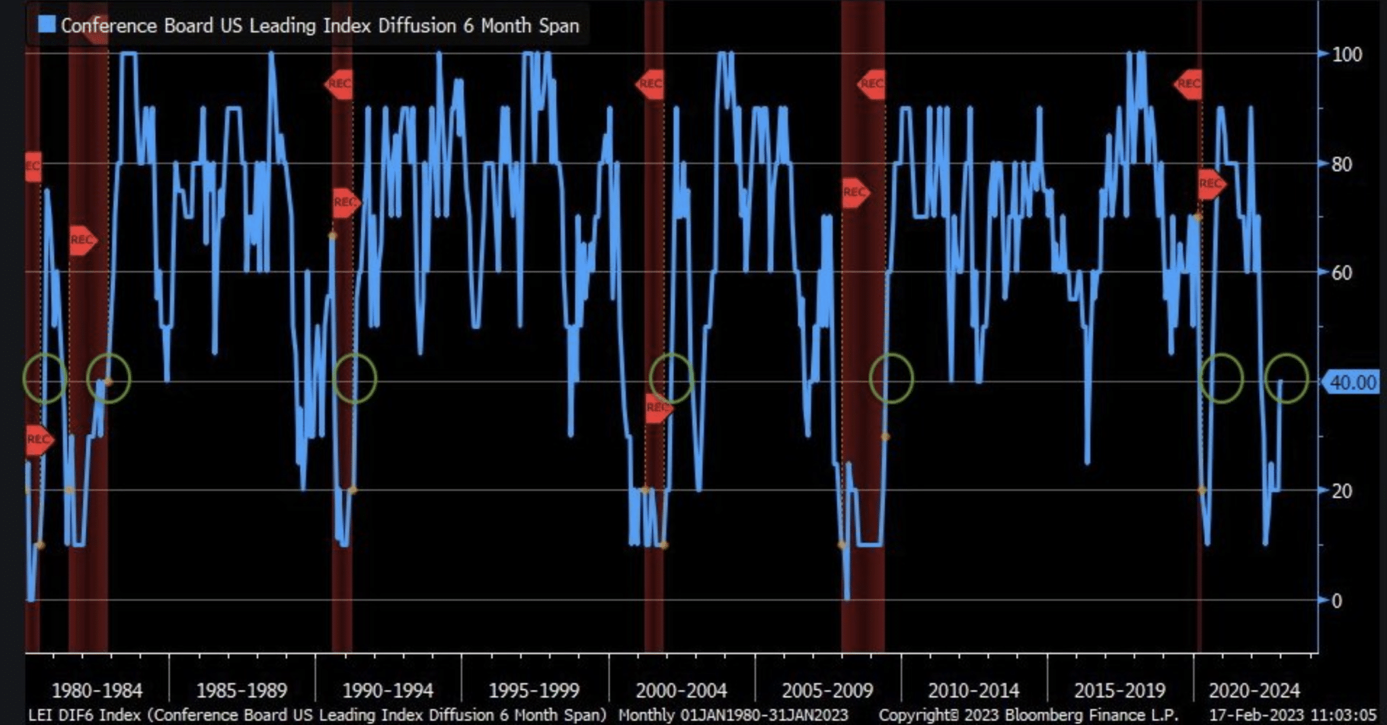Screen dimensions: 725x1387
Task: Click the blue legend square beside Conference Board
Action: [47, 25]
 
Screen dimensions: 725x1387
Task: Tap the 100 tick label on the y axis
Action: [1346, 54]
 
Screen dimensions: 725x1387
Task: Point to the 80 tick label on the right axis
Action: [1342, 164]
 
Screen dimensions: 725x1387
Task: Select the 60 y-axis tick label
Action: [1342, 273]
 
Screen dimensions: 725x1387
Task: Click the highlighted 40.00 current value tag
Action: [1352, 382]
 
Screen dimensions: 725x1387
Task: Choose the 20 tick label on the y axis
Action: [1342, 491]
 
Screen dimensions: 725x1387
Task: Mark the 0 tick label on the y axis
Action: [1336, 600]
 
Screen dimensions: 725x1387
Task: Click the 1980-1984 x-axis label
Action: [97, 690]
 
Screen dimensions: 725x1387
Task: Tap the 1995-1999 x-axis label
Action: [534, 690]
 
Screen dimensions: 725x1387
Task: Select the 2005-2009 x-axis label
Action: [827, 690]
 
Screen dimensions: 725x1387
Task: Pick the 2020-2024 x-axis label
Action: [1254, 690]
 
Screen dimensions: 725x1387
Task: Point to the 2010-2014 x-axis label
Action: [973, 690]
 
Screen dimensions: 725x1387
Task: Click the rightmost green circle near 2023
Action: [1286, 378]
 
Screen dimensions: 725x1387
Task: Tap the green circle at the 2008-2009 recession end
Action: [891, 378]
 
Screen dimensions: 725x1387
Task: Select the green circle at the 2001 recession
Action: [671, 378]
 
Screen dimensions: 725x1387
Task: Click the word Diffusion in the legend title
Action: [417, 26]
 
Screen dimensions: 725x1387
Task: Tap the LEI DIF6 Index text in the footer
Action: [85, 715]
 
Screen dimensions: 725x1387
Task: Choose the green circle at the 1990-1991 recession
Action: [355, 378]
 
